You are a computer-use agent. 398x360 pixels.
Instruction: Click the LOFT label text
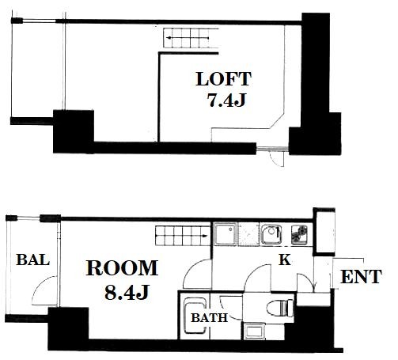(223, 79)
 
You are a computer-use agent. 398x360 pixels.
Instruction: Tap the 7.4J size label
(226, 100)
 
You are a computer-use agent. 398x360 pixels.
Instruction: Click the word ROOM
(122, 267)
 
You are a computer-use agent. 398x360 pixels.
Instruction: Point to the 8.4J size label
(127, 292)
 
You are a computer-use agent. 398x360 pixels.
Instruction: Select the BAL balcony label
(33, 260)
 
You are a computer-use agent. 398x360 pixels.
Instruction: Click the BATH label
(209, 318)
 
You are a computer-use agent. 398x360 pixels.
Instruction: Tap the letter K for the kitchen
(285, 260)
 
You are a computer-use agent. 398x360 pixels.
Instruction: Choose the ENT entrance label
(361, 276)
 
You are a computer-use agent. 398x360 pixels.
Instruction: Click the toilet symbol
(280, 308)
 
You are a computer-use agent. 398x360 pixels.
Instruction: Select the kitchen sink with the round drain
(271, 234)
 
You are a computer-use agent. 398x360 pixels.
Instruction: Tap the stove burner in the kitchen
(299, 234)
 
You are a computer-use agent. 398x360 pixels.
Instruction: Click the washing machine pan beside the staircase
(225, 234)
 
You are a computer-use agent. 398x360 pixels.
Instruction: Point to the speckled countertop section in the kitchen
(248, 234)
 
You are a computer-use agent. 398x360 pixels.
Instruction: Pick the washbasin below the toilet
(253, 332)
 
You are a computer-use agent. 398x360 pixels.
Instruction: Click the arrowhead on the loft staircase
(169, 38)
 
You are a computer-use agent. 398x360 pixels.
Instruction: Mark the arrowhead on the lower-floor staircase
(204, 236)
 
